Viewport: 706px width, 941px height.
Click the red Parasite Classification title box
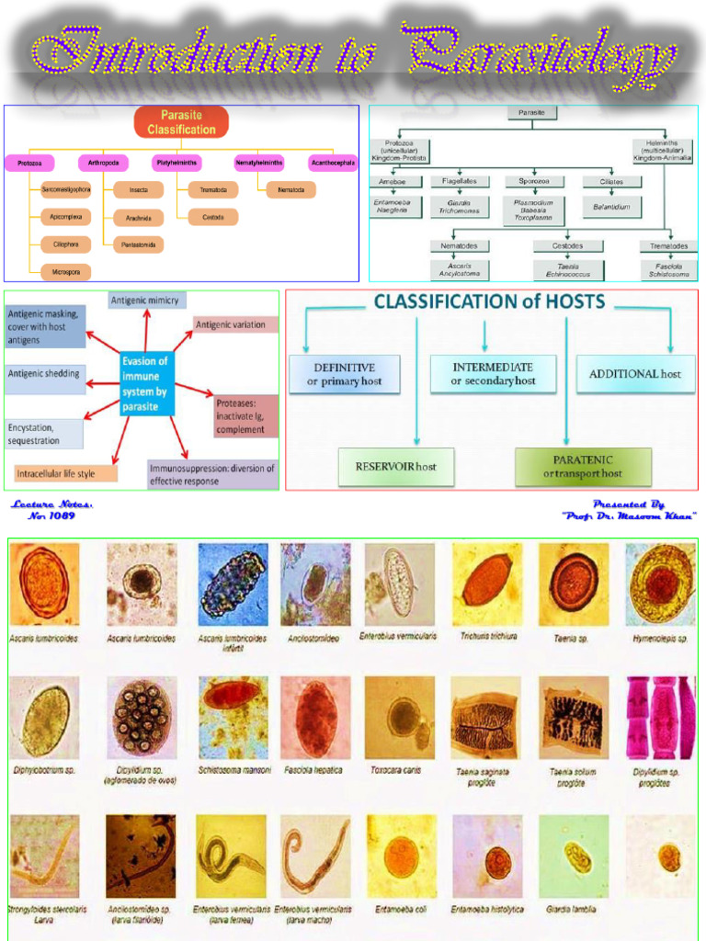(181, 122)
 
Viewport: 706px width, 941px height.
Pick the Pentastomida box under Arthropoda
(139, 244)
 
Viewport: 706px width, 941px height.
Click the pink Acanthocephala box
(333, 164)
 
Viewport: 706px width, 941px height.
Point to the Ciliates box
(610, 182)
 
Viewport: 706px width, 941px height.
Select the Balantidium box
(610, 209)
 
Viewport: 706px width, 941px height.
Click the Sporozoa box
(534, 182)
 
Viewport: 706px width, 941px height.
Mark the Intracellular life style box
(66, 474)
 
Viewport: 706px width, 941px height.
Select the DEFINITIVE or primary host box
(345, 374)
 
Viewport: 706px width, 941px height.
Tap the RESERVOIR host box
(396, 467)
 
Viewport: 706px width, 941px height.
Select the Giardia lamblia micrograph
(573, 856)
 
